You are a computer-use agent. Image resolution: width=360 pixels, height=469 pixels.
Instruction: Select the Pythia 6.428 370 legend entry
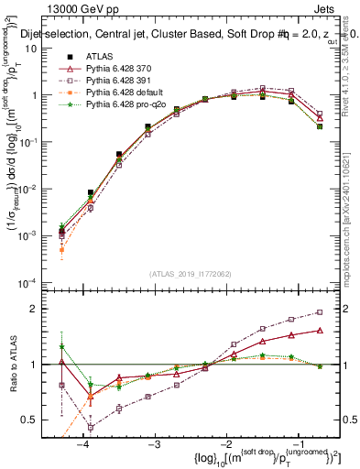118,69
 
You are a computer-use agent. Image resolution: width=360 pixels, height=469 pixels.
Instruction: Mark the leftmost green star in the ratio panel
61,346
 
